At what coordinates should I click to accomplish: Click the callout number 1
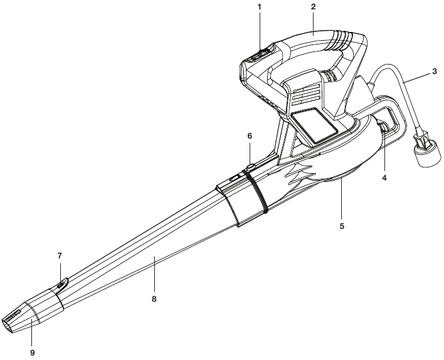click(259, 7)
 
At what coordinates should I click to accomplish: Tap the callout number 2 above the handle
click(313, 7)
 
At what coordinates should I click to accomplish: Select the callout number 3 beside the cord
click(435, 71)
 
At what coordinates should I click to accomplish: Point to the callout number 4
click(384, 178)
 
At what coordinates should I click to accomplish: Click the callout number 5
click(342, 218)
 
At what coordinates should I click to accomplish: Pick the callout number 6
click(250, 136)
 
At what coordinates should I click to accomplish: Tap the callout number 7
click(60, 256)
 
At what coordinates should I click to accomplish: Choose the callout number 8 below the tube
click(154, 299)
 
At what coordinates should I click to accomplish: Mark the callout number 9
click(32, 352)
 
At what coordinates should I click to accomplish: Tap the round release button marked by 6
click(251, 167)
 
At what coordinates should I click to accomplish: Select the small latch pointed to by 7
click(61, 284)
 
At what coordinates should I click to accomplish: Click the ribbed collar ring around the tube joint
click(256, 191)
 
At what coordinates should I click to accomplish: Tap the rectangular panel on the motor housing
click(314, 124)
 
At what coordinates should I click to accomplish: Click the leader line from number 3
click(418, 78)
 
